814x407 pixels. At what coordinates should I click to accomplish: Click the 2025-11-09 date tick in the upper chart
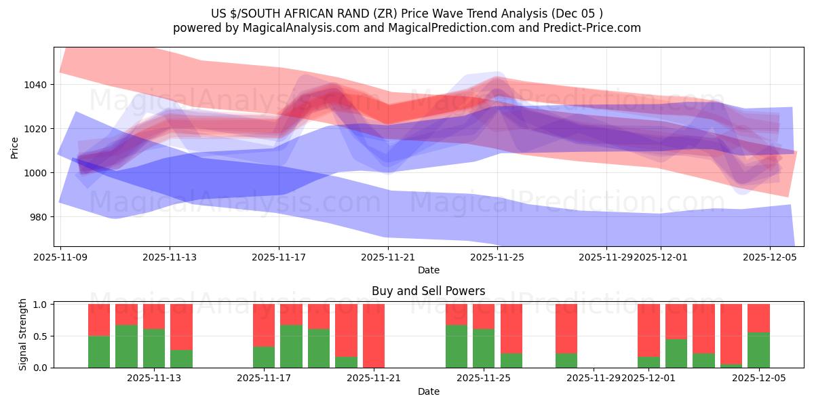(61, 258)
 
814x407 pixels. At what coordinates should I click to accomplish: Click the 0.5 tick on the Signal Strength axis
(39, 336)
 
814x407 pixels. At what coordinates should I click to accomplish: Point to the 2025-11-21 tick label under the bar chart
(374, 379)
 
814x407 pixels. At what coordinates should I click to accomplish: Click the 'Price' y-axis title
(15, 147)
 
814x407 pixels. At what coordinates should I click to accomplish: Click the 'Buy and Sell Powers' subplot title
(428, 291)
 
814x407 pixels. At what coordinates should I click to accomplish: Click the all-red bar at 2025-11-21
(374, 336)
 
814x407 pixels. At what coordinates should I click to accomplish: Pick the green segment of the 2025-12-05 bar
(758, 350)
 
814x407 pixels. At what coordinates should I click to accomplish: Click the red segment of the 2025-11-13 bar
(181, 326)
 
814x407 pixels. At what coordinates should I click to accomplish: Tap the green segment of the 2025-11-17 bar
(264, 357)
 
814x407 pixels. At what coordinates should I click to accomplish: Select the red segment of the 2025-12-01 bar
(648, 330)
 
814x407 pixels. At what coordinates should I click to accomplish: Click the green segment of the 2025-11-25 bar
(484, 348)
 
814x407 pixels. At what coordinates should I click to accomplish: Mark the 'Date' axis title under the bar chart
(428, 391)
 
